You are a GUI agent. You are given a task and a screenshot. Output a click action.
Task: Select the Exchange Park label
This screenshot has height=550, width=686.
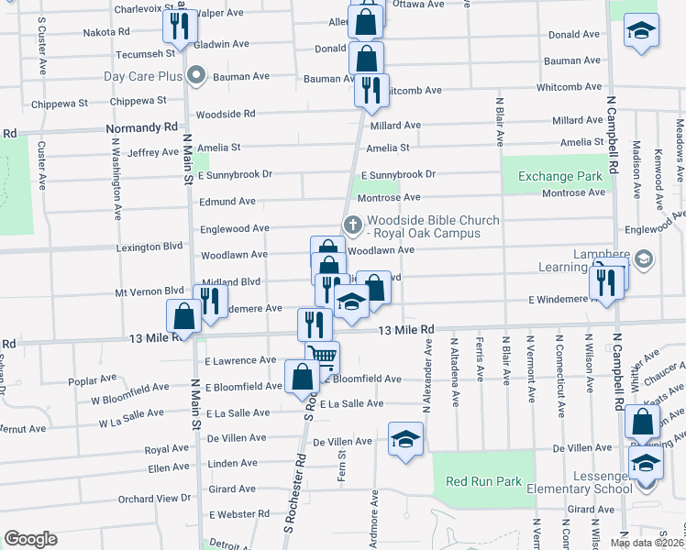tap(559, 176)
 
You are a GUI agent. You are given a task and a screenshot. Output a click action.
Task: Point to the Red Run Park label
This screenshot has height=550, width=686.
tap(483, 481)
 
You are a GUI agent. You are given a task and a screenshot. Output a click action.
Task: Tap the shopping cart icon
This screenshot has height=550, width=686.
tap(322, 356)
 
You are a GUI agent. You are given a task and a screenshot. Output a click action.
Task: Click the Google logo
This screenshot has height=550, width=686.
tap(30, 539)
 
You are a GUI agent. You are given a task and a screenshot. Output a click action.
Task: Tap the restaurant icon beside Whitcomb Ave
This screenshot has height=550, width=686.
tap(371, 90)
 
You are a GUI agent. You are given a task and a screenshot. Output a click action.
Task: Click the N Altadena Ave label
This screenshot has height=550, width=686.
tap(454, 373)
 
